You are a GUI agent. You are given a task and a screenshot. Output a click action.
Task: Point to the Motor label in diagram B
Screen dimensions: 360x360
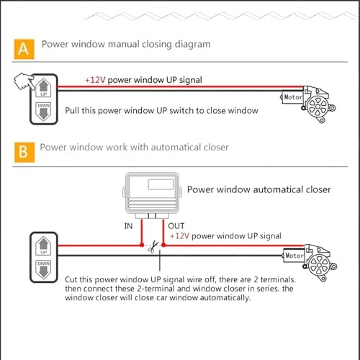tap(294, 256)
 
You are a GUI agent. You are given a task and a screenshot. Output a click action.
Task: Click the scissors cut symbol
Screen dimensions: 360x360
tap(153, 246)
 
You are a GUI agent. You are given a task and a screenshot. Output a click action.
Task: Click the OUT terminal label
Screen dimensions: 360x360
tap(176, 225)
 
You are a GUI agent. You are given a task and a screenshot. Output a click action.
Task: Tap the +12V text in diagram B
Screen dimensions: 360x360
tap(181, 236)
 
